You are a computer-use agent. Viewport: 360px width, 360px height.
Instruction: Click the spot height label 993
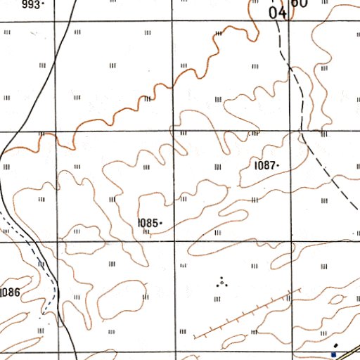click(30, 4)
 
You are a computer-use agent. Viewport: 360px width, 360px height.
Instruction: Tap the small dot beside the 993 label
click(43, 4)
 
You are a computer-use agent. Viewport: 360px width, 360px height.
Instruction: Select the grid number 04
click(277, 12)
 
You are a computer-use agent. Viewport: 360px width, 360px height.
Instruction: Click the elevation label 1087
click(265, 165)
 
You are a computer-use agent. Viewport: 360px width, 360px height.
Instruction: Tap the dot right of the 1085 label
click(162, 223)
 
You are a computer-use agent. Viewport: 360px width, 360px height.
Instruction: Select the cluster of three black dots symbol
click(222, 283)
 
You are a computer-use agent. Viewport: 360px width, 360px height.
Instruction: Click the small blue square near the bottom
click(333, 355)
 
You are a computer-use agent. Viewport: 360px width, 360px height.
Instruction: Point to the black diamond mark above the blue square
click(336, 345)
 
